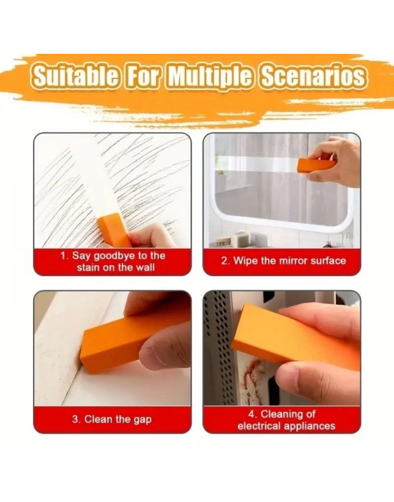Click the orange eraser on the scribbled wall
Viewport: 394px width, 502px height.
114,230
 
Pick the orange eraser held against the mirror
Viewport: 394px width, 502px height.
315,165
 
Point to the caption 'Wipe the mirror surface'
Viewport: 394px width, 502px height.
284,260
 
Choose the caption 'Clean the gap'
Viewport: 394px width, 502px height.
112,420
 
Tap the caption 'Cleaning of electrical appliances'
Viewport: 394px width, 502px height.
287,420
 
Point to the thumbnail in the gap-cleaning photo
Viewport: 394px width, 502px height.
151,355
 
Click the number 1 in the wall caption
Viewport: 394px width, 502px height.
63,256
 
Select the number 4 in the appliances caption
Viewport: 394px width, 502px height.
251,414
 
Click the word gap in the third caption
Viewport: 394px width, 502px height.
143,420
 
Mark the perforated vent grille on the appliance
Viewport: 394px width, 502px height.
218,347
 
